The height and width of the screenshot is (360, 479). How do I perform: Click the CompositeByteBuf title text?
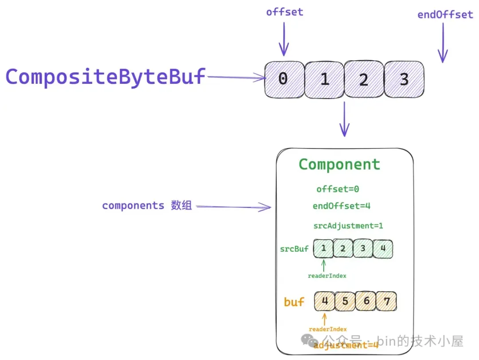tap(106, 77)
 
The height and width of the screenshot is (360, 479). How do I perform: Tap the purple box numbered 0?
tap(284, 79)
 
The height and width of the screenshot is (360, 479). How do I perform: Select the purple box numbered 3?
tap(404, 79)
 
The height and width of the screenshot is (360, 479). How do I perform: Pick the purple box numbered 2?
tap(364, 79)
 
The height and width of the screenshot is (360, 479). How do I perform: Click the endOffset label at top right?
tap(445, 14)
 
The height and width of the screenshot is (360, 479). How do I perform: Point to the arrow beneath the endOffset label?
tap(443, 43)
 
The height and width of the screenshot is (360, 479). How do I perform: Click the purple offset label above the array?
tap(285, 12)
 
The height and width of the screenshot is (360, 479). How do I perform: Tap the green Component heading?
tap(339, 164)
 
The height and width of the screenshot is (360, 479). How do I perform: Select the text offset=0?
tap(338, 189)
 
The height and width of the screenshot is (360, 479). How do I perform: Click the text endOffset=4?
tap(341, 206)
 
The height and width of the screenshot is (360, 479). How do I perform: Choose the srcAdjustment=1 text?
tap(348, 226)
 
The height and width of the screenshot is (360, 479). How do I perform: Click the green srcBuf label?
tap(294, 249)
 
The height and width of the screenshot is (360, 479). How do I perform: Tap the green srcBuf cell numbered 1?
tap(323, 249)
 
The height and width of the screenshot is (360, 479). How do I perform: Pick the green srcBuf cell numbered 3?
tap(363, 249)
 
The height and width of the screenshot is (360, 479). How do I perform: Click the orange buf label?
tap(294, 301)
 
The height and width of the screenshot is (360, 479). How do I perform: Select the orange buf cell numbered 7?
tap(386, 301)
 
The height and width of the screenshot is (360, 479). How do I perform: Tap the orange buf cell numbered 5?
tap(345, 301)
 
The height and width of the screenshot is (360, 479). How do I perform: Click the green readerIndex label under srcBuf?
tap(327, 276)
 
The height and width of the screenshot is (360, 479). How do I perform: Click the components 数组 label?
tap(147, 205)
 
